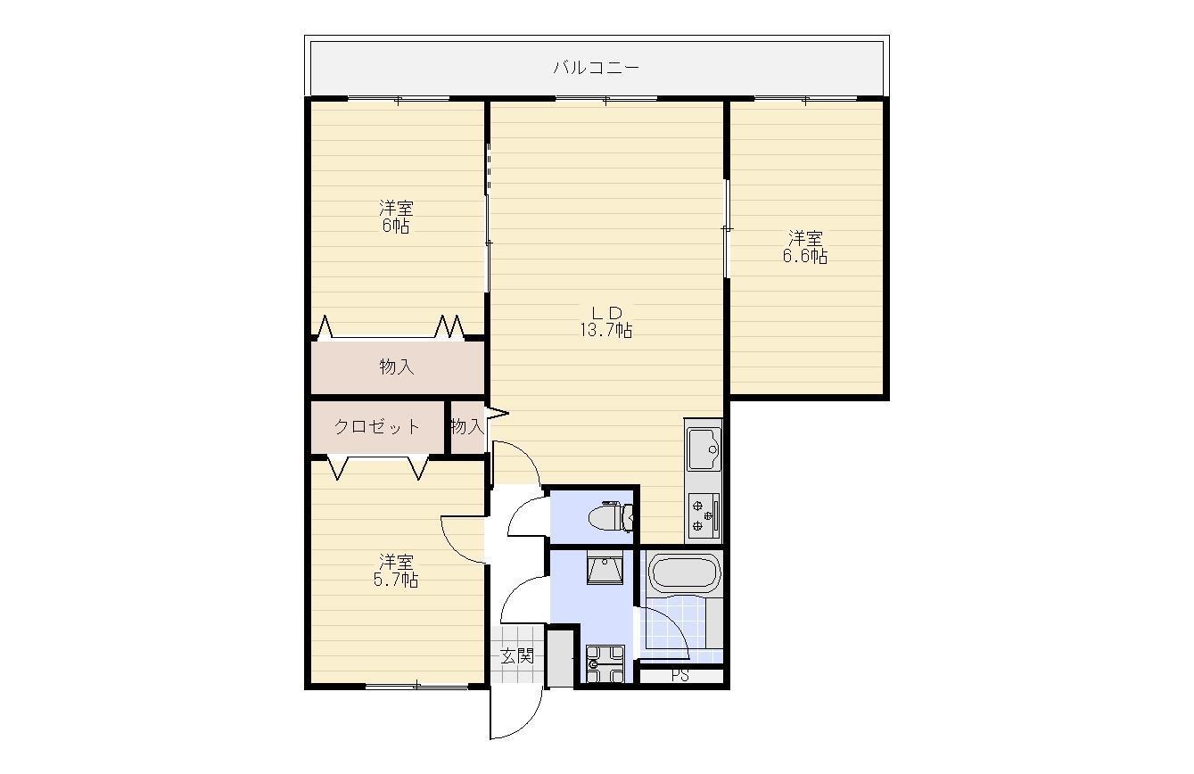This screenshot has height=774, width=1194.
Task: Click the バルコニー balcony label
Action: pos(596,68)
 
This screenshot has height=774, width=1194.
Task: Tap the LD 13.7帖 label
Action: pos(606,322)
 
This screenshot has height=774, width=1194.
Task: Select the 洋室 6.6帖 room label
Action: pos(805,247)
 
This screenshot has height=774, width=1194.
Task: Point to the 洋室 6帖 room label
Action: pos(396,217)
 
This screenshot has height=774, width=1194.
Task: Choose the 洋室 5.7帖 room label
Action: pos(396,571)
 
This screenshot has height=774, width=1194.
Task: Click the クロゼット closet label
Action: pos(377,426)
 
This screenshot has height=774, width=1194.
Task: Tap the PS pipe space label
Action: pos(680,676)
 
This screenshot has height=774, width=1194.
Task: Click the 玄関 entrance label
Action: pos(517,655)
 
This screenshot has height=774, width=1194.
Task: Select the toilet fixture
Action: pos(610,516)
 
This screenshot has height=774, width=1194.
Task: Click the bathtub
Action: pos(684,573)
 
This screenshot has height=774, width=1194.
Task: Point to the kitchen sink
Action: pos(704,449)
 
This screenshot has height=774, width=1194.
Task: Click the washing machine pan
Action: pos(605,663)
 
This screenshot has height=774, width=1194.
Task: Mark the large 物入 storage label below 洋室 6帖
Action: pos(397,366)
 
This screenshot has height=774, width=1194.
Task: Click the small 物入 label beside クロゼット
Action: pos(467,426)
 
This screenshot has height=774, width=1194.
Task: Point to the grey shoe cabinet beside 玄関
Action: pos(560,660)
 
